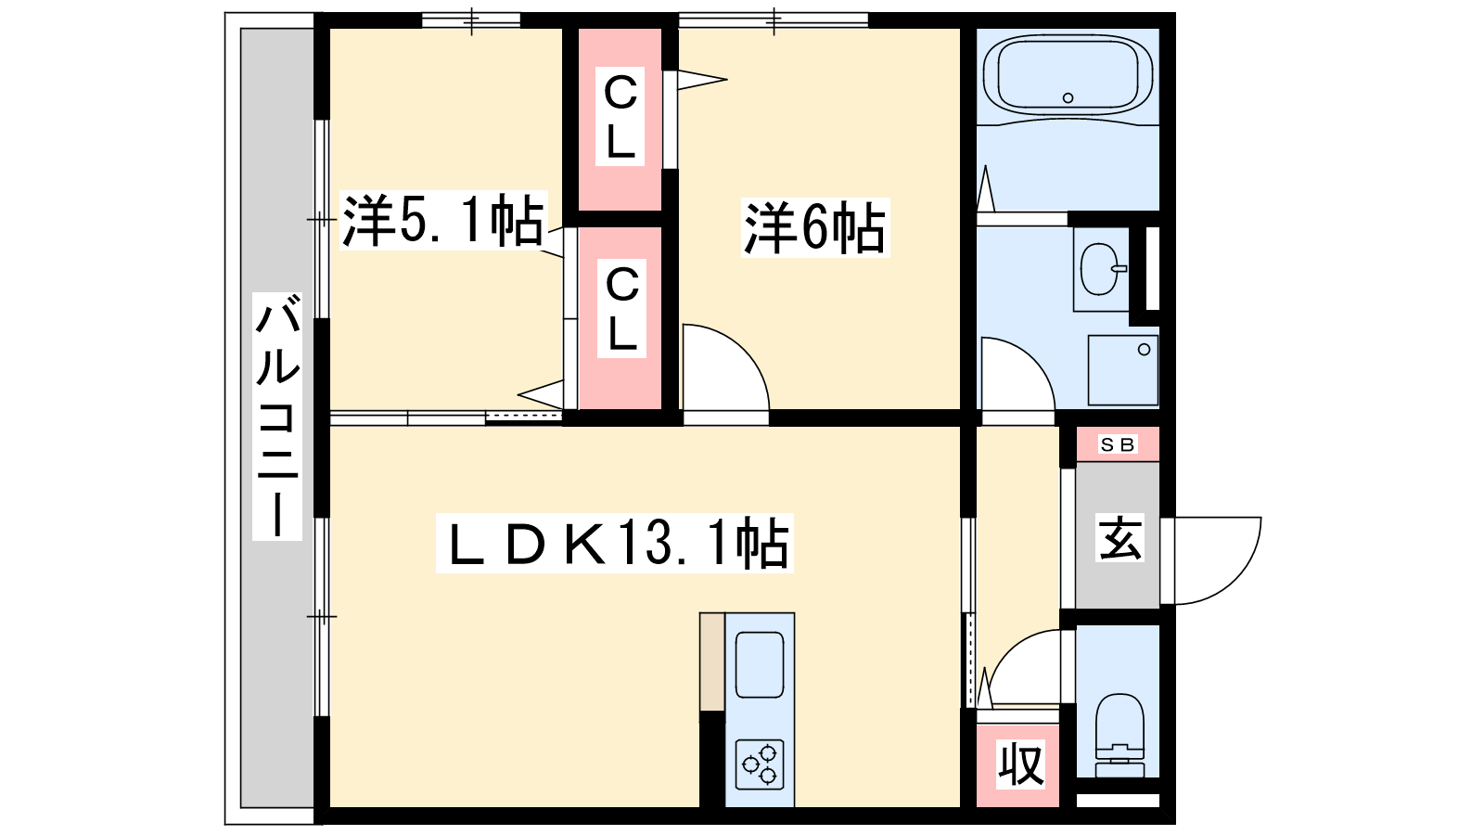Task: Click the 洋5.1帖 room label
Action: coord(442,220)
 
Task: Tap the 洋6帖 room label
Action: coord(815,228)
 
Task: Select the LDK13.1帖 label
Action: coord(614,543)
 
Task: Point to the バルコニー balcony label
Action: coord(277,417)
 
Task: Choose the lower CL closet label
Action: coord(621,309)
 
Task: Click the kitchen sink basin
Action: coord(760,664)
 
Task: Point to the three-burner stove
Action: coord(760,764)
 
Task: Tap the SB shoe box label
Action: coord(1118,444)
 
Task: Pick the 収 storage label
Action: coord(1021,764)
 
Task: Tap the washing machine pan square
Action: coord(1123,370)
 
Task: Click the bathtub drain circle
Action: coord(1068,98)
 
